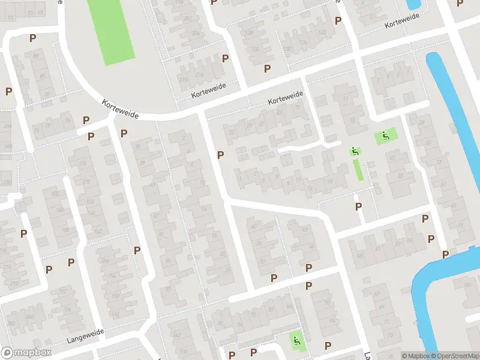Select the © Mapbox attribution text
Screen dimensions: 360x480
click(x=414, y=356)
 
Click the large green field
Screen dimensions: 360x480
click(x=112, y=30)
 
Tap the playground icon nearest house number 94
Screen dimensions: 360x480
click(x=296, y=341)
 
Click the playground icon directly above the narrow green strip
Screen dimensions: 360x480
click(x=355, y=152)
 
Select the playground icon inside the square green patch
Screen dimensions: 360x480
click(x=385, y=136)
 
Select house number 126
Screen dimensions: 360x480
click(x=304, y=43)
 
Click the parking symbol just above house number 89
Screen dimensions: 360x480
click(x=32, y=38)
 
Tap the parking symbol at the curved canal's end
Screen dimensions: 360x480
click(x=445, y=254)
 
